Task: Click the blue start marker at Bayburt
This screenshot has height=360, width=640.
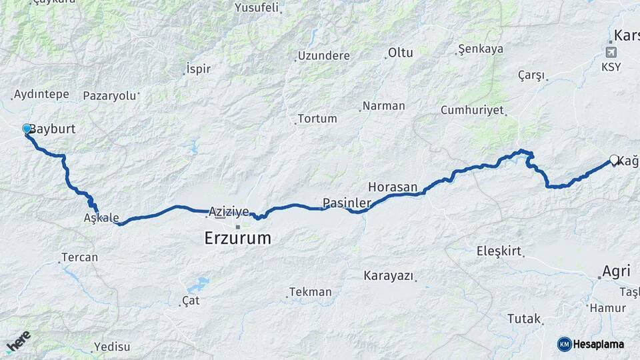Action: point(27,129)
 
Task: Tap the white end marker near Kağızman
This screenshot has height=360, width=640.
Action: point(614,160)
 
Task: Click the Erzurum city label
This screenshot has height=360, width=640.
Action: point(237,238)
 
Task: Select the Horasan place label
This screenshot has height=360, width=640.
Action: point(393,187)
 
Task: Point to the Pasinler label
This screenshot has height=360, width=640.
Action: point(347,202)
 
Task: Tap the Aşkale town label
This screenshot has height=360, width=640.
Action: point(101,218)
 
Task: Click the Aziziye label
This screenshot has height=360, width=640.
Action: point(229,211)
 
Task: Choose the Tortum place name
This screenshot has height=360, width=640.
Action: point(317,119)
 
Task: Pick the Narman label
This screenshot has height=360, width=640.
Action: point(383,105)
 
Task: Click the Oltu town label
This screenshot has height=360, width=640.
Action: point(401,53)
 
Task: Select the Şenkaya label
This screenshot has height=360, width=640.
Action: point(481,49)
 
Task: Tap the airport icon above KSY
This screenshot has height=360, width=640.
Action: point(611,52)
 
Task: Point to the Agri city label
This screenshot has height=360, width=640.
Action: point(616,271)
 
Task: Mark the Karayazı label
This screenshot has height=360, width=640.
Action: point(389,275)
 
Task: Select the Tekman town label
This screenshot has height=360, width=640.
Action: point(310,292)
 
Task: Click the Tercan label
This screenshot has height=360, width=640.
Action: point(79,257)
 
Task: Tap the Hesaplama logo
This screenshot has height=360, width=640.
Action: point(591,344)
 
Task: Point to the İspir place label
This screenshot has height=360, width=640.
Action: point(199,69)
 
